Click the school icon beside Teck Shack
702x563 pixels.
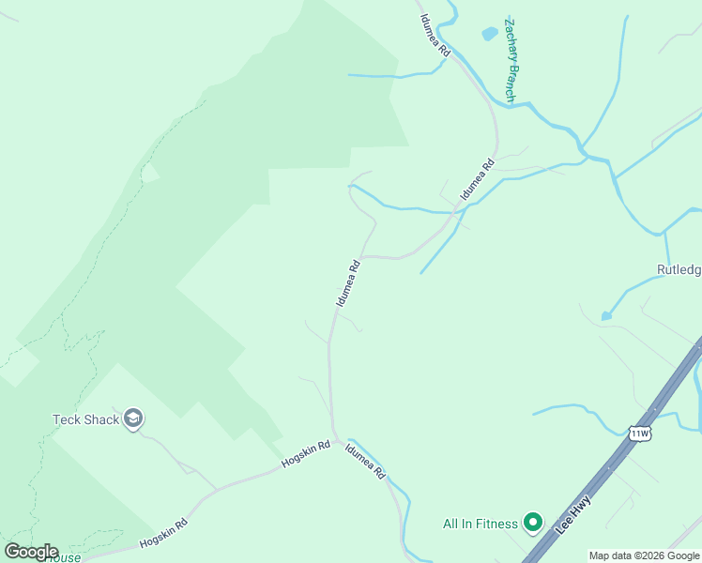[133, 419]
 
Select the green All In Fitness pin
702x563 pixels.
[533, 522]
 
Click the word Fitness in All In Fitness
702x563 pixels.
[496, 523]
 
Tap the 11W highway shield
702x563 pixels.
[640, 433]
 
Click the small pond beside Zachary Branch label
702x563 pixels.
[489, 34]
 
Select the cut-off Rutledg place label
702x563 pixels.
[679, 270]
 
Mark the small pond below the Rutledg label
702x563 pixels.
[606, 316]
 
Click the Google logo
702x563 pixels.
[31, 551]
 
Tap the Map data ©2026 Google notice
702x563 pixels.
[644, 555]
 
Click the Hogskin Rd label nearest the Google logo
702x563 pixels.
[165, 533]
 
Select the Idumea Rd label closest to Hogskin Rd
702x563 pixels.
[365, 462]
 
